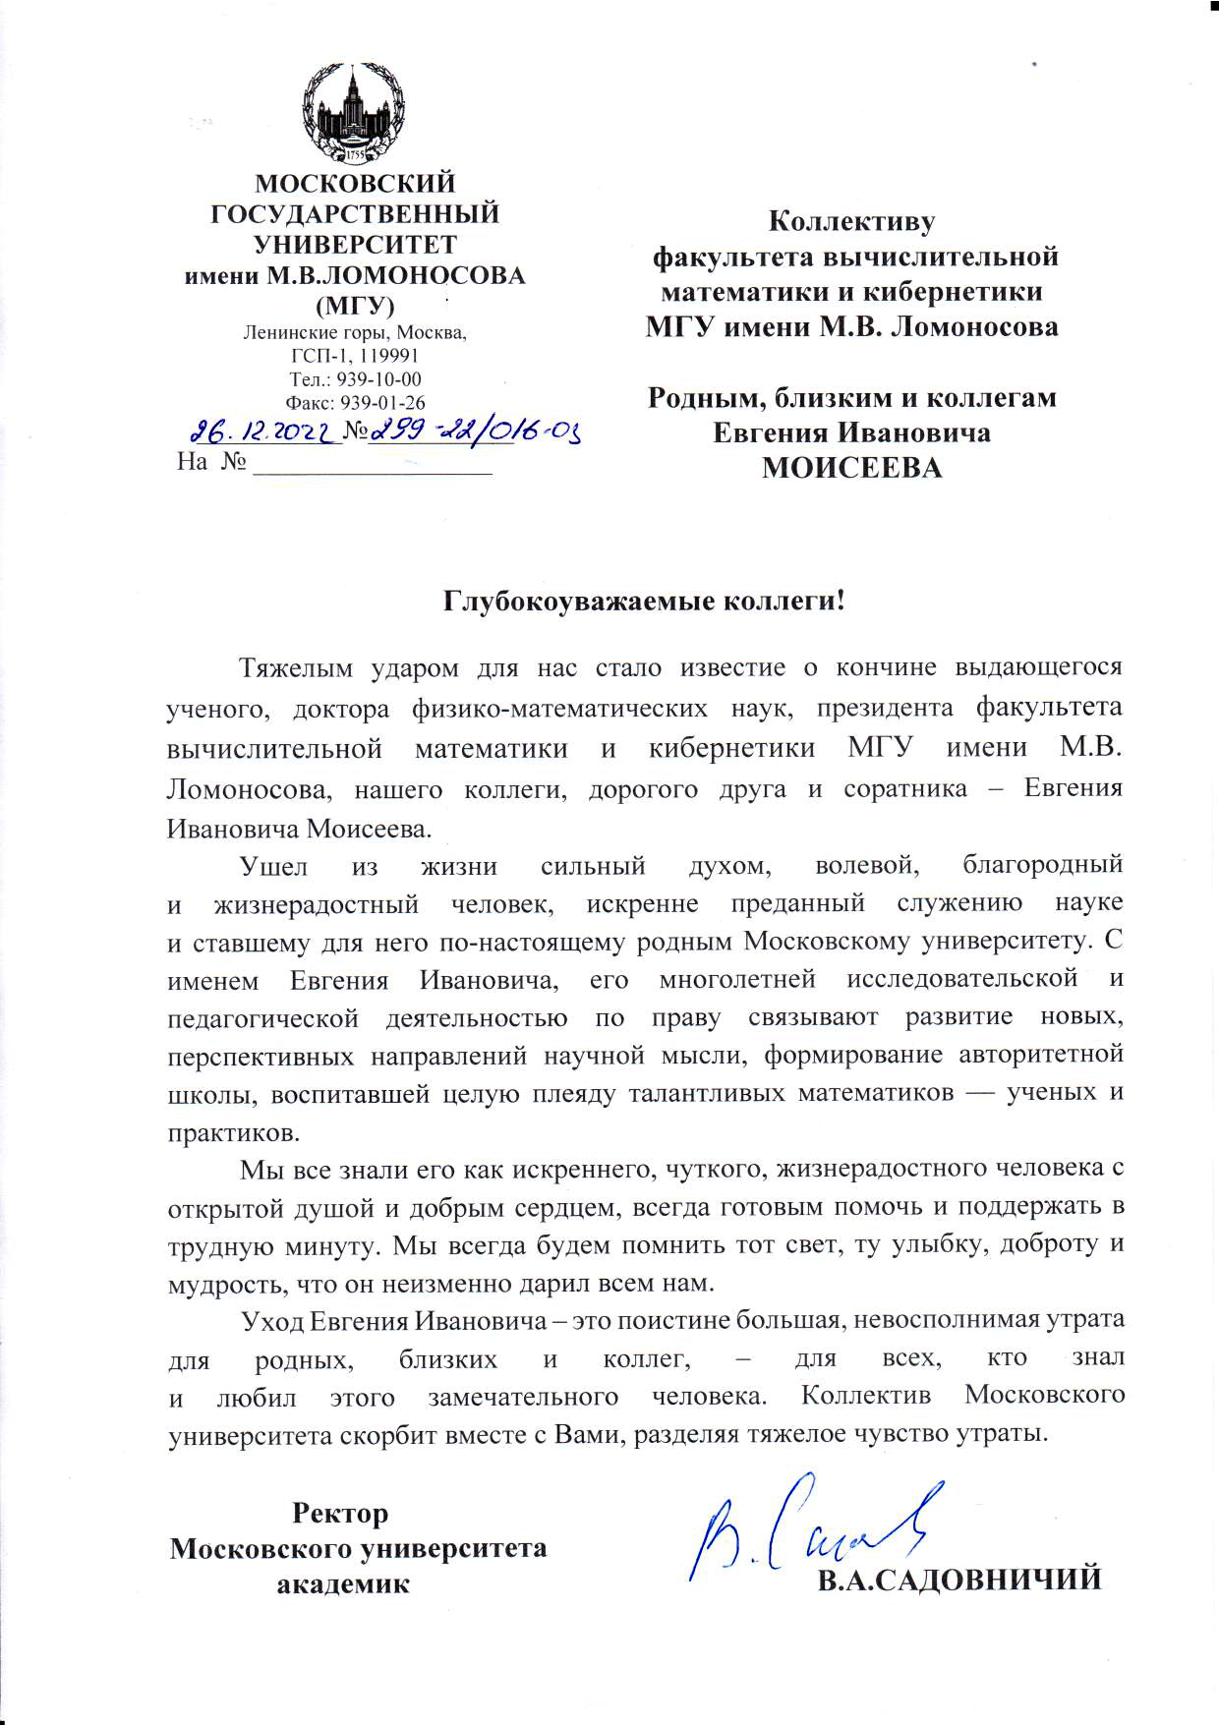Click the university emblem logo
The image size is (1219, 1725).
click(354, 114)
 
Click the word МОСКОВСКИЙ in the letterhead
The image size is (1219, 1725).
click(355, 184)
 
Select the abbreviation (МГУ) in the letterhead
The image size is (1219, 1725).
click(355, 305)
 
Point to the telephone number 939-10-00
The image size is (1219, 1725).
click(379, 379)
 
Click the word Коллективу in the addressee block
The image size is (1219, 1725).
click(851, 222)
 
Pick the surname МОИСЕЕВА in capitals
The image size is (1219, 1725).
click(851, 468)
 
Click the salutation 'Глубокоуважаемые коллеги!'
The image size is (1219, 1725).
click(644, 601)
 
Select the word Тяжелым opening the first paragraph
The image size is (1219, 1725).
click(295, 668)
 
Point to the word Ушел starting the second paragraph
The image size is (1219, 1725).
click(274, 867)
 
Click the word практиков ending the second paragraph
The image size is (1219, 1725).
click(233, 1132)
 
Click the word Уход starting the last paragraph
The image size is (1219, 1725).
click(272, 1320)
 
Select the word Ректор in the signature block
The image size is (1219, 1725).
click(340, 1513)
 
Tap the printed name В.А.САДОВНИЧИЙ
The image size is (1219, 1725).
click(959, 1580)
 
